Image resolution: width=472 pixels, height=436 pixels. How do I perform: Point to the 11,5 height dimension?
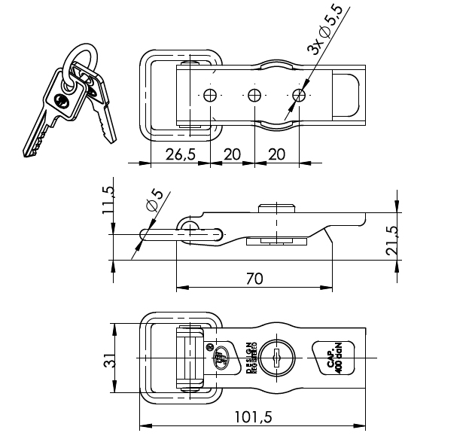[108, 201]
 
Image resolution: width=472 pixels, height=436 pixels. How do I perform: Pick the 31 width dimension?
[108, 361]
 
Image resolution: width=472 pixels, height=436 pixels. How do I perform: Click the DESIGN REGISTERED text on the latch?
[251, 358]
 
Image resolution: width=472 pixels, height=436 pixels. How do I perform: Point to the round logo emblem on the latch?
[219, 357]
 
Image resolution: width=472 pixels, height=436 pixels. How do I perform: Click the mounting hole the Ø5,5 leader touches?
[300, 95]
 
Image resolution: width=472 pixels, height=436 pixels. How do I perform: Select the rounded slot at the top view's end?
[348, 95]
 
